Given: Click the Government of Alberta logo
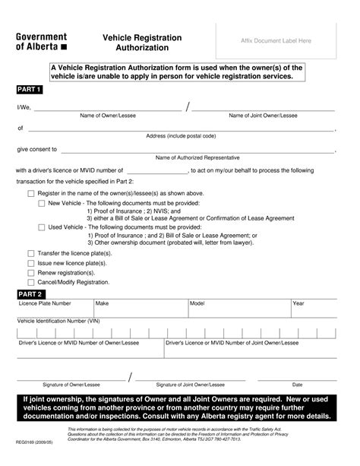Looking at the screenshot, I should (x=42, y=41).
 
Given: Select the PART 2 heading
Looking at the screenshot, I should (x=30, y=293).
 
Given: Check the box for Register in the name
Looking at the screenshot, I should (x=31, y=194).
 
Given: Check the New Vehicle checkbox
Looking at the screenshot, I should (x=42, y=204).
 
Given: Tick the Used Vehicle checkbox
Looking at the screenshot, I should (x=42, y=227).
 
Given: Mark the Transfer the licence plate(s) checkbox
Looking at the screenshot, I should (x=31, y=253).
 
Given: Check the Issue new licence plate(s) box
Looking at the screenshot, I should (x=31, y=263).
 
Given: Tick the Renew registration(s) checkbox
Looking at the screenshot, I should (x=31, y=272).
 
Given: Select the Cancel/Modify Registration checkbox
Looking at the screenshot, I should (x=31, y=282).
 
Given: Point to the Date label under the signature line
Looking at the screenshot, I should (x=297, y=385).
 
